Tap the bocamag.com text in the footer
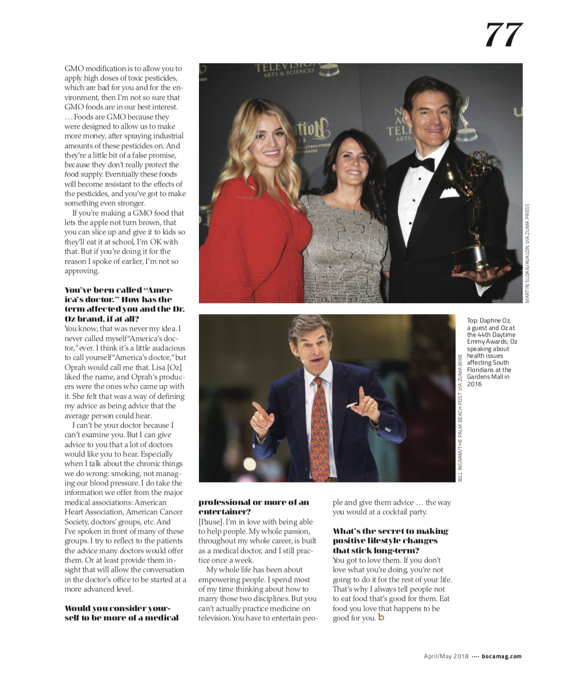tap(501, 656)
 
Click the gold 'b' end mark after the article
tap(381, 617)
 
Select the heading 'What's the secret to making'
tap(390, 531)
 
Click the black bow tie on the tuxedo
tap(422, 163)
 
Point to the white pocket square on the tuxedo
tap(450, 192)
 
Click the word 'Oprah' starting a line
tap(75, 367)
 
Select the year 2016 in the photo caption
tap(474, 384)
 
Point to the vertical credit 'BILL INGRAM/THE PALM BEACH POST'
tap(460, 418)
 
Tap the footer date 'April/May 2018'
tap(446, 656)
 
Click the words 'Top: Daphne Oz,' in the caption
tap(489, 320)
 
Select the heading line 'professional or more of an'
tap(254, 502)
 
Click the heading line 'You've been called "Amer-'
tap(119, 290)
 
